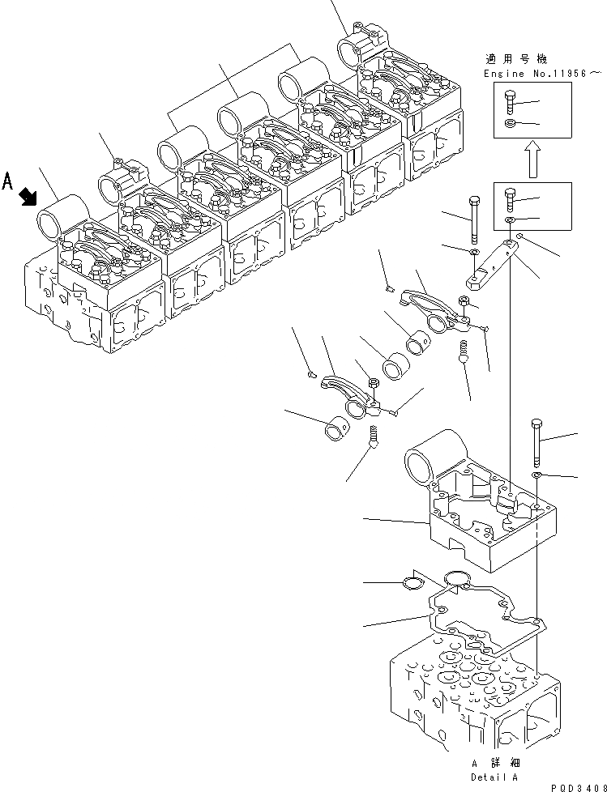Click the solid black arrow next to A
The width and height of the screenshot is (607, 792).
tap(29, 194)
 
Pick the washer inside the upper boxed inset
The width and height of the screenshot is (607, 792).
tap(509, 123)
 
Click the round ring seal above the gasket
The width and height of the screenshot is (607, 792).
tap(459, 577)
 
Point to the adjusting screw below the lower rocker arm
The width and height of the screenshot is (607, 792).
tap(374, 437)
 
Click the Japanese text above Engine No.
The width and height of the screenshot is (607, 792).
tap(515, 59)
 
